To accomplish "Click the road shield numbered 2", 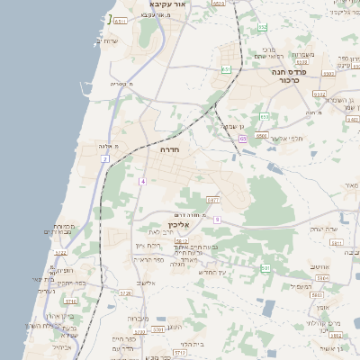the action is pos(105,158).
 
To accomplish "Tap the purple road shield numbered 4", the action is pos(142,181).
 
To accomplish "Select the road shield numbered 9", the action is pos(217,219).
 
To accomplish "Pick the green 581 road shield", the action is pos(265,268).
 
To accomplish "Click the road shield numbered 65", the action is pos(243,139).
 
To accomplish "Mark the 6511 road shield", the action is pos(121,20).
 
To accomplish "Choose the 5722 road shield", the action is pos(61,254).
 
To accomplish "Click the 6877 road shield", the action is pos(213,200).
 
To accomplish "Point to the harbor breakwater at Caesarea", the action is pos(109,19).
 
